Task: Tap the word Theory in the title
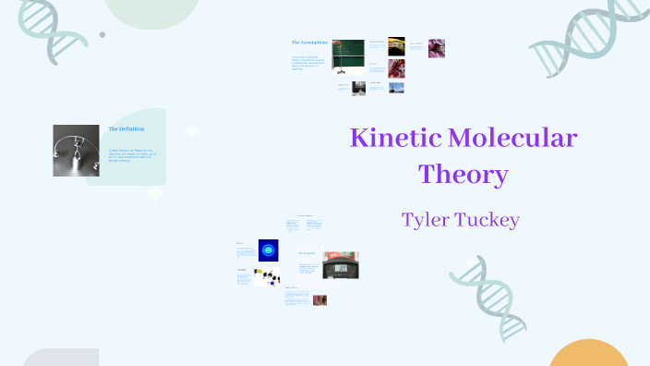[463, 174]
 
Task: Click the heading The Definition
[126, 128]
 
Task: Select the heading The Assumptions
[309, 43]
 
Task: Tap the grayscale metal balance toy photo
[76, 151]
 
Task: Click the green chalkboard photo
[348, 55]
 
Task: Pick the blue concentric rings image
[268, 249]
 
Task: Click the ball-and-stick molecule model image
[268, 276]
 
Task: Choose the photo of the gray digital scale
[341, 265]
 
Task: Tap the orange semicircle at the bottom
[588, 356]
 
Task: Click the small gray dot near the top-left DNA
[102, 35]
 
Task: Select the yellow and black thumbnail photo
[396, 44]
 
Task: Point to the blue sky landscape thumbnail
[396, 89]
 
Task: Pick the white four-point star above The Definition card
[192, 131]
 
